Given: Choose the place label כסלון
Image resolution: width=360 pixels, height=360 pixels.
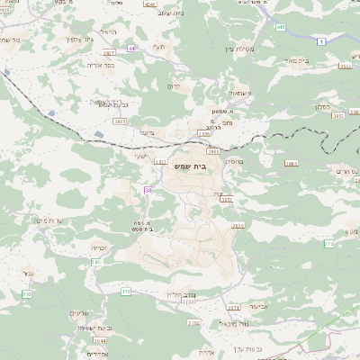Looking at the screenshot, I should point(345,105).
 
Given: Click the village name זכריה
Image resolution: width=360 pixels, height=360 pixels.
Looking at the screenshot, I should point(100,247).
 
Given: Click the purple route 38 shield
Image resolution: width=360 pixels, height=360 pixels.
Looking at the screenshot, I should point(148,190).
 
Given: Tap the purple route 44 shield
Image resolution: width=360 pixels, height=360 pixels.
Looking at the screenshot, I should point(132,48).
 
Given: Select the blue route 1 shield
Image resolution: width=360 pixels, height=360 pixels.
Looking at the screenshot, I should point(320,42).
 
